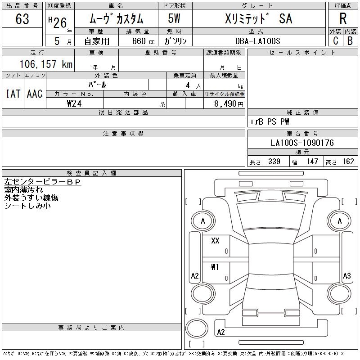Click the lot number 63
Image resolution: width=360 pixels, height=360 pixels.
click(x=22, y=19)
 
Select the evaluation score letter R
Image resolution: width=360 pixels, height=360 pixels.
click(x=343, y=18)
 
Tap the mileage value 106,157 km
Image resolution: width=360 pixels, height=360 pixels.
click(x=46, y=64)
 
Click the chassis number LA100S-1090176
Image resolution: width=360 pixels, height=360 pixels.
click(x=302, y=143)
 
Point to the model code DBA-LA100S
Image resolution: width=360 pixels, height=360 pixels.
click(x=258, y=41)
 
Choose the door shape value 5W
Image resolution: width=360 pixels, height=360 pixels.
click(x=175, y=18)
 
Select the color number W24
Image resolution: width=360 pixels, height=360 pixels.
click(x=74, y=103)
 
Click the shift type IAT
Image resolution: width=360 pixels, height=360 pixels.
click(x=13, y=94)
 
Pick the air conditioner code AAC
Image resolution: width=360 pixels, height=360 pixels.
click(x=35, y=94)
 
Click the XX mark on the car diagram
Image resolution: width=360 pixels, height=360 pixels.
click(x=215, y=241)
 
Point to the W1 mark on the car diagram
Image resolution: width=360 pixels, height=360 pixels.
click(x=215, y=267)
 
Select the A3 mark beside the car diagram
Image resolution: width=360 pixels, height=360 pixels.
click(x=346, y=276)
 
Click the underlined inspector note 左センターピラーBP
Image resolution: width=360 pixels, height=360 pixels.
click(x=42, y=182)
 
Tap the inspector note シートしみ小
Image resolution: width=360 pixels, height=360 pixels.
click(x=27, y=206)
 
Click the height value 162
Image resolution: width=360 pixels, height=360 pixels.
click(x=348, y=162)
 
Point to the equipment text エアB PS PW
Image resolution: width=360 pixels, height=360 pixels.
click(x=270, y=121)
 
